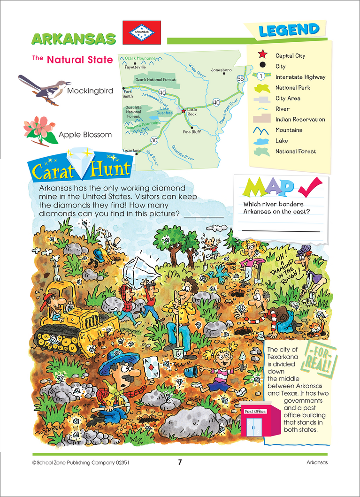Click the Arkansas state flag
tap(141, 32)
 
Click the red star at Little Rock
tap(184, 111)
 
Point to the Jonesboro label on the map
tap(221, 70)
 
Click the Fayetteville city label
tap(135, 67)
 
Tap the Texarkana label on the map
tap(132, 151)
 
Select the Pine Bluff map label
tap(192, 132)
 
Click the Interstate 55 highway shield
tap(240, 79)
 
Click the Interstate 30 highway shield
tap(154, 140)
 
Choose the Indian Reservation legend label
tap(300, 120)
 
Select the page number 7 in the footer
tap(180, 462)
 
